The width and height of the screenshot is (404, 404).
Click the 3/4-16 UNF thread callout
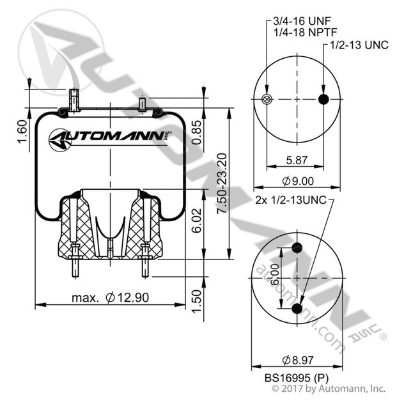[x=302, y=21]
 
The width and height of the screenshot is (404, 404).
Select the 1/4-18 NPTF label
[x=306, y=32]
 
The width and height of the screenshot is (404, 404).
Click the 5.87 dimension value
[x=297, y=160]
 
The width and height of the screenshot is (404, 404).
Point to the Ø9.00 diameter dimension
[x=298, y=181]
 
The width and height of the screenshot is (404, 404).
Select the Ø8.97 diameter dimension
[x=298, y=360]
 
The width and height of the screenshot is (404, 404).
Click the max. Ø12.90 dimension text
[x=111, y=298]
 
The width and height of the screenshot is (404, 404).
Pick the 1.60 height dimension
[x=22, y=132]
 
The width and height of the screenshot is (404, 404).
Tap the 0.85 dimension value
[x=197, y=132]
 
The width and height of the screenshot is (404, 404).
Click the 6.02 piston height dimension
[x=197, y=221]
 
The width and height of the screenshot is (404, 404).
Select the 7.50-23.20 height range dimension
[x=222, y=183]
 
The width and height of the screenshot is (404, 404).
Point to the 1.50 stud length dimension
[x=197, y=301]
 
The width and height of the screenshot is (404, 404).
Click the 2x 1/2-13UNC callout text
[x=291, y=200]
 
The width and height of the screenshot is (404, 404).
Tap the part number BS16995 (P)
[x=297, y=378]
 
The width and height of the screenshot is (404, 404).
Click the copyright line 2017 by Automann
[x=329, y=388]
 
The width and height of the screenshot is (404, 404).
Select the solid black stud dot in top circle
[x=323, y=99]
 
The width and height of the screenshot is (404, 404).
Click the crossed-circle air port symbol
[x=267, y=99]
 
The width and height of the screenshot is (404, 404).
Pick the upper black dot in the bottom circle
[x=297, y=248]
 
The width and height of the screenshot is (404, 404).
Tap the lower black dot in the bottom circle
[x=297, y=308]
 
